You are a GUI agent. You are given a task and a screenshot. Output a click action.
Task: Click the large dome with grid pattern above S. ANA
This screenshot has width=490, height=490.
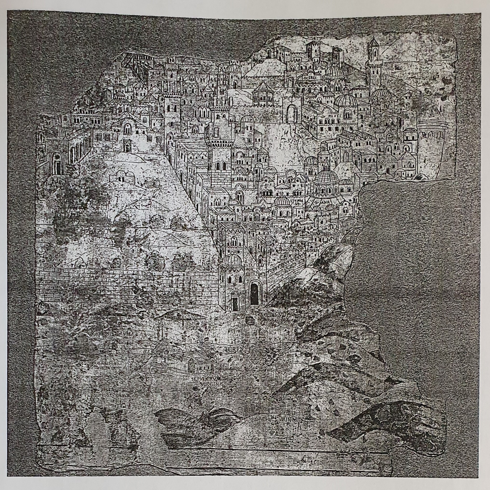[x=326, y=176]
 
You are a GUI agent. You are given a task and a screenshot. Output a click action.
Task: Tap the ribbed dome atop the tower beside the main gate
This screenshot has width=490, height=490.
[x=232, y=259]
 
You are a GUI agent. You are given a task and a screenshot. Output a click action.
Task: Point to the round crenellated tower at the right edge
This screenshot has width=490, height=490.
[x=431, y=150]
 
